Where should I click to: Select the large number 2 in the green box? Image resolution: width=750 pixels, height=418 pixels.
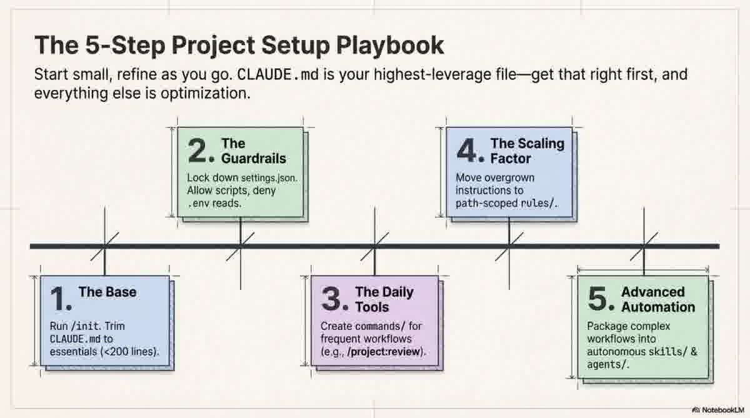click(x=202, y=151)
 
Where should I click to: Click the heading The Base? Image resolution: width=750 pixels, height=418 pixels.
click(x=107, y=292)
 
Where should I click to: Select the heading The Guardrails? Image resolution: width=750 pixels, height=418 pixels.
click(x=253, y=151)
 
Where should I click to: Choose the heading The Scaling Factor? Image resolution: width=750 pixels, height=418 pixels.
click(x=526, y=151)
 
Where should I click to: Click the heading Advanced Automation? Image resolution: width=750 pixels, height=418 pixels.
click(x=657, y=299)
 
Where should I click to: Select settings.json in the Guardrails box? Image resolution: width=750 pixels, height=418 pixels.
click(x=271, y=178)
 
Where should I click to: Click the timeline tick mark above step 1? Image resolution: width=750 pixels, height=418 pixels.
click(x=104, y=246)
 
